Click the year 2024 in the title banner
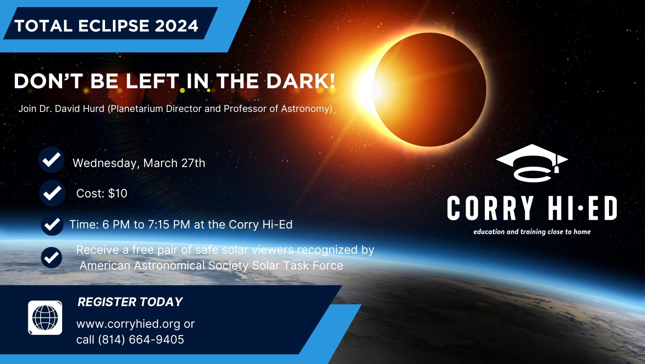pyautogui.click(x=177, y=26)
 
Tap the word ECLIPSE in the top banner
pyautogui.click(x=113, y=26)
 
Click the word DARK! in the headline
pyautogui.click(x=301, y=81)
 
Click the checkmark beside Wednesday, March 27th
pyautogui.click(x=52, y=160)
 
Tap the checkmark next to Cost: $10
pyautogui.click(x=52, y=193)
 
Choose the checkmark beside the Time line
pyautogui.click(x=52, y=225)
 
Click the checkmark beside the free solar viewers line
pyautogui.click(x=52, y=258)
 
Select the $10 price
pyautogui.click(x=118, y=193)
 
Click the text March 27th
pyautogui.click(x=174, y=163)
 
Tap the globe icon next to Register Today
pyautogui.click(x=45, y=318)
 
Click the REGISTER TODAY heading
pyautogui.click(x=130, y=302)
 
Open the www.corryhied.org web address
pyautogui.click(x=129, y=324)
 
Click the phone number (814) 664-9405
pyautogui.click(x=141, y=340)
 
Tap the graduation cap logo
pyautogui.click(x=532, y=163)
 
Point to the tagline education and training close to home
pyautogui.click(x=532, y=232)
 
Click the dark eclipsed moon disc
pyautogui.click(x=429, y=89)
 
